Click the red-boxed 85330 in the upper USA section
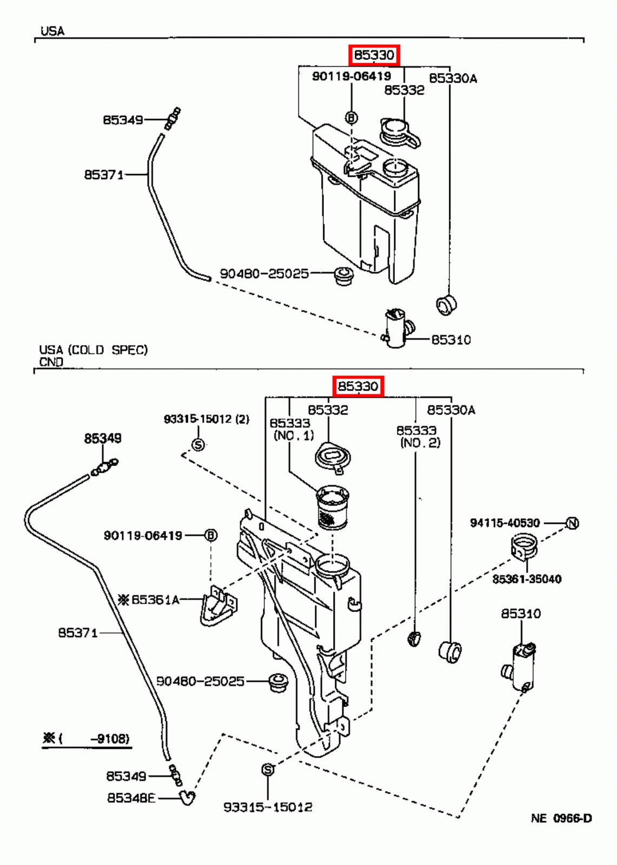[374, 55]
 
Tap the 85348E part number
[131, 798]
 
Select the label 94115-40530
[505, 523]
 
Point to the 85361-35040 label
[526, 579]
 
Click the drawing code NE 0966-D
[561, 819]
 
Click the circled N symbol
[572, 523]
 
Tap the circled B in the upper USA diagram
[351, 117]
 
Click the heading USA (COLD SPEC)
[93, 350]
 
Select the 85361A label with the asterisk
[149, 600]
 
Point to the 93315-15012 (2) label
[207, 419]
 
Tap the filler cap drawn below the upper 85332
[399, 132]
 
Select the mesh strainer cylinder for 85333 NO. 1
[332, 508]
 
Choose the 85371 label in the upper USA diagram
[103, 175]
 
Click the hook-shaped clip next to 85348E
[187, 797]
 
